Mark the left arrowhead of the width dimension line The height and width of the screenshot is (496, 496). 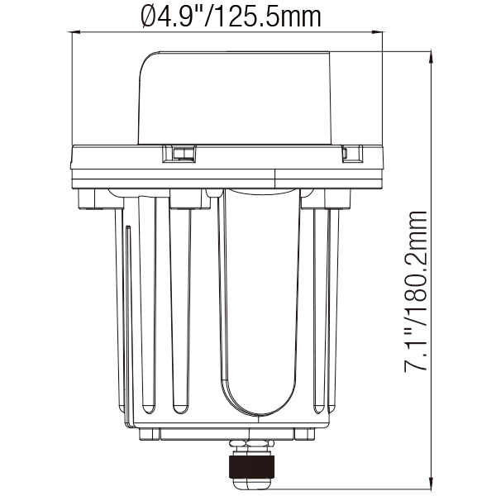point(74,33)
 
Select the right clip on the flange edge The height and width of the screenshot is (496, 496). point(351,152)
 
